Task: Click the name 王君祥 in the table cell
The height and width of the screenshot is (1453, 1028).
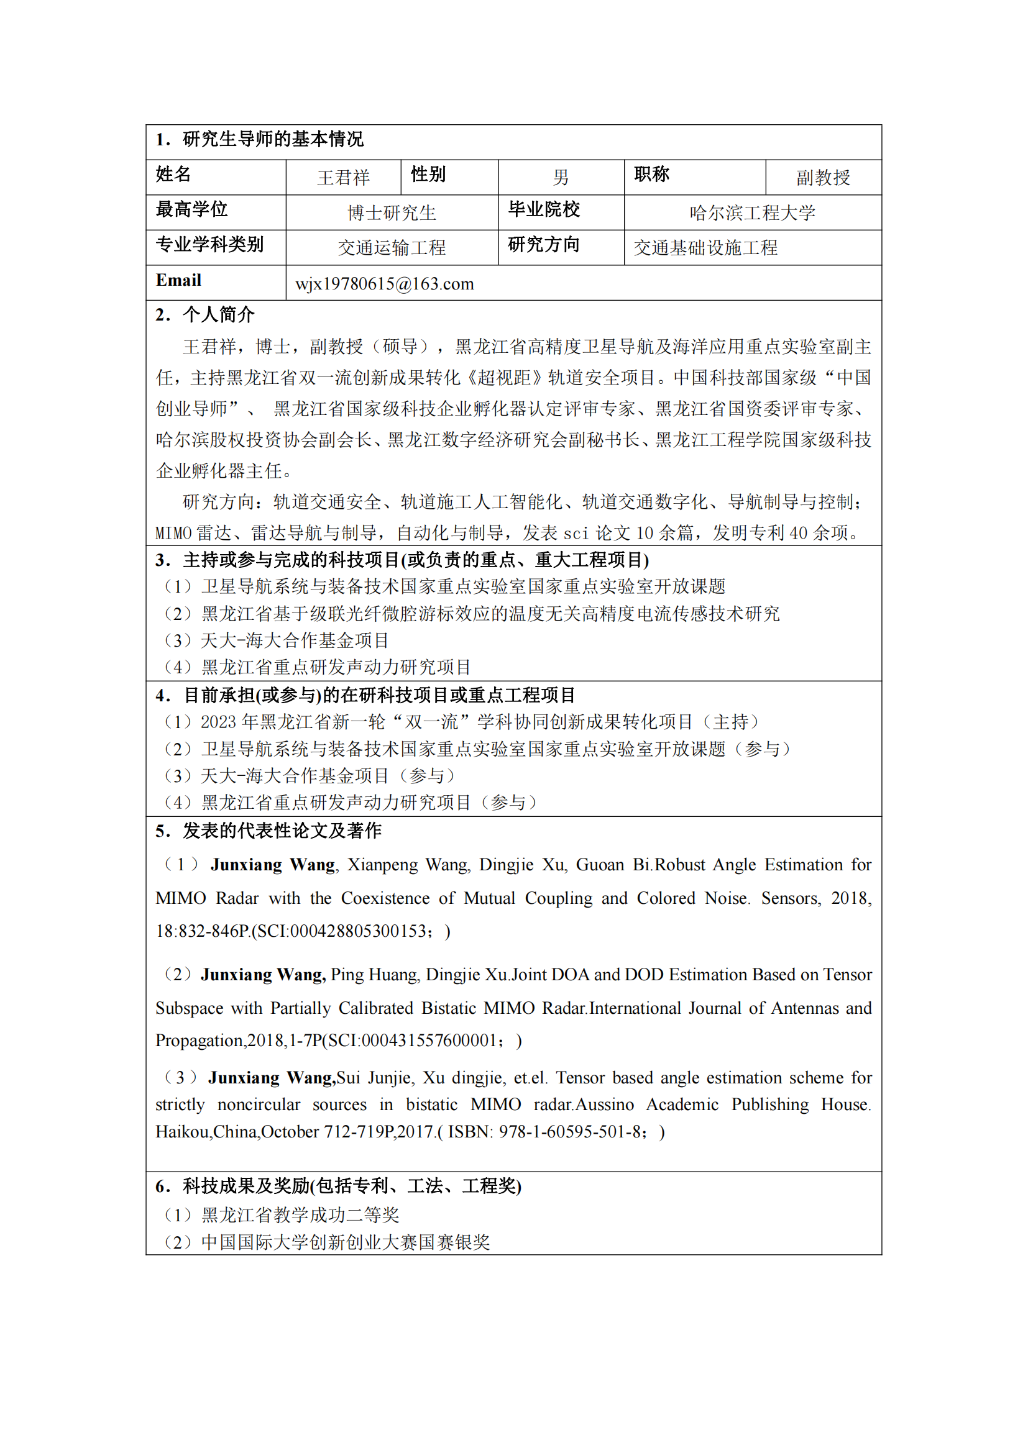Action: pyautogui.click(x=343, y=178)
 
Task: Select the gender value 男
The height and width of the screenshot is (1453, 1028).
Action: pyautogui.click(x=561, y=178)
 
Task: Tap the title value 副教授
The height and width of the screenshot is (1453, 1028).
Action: pyautogui.click(x=823, y=178)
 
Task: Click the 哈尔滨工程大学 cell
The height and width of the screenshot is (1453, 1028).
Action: pyautogui.click(x=752, y=212)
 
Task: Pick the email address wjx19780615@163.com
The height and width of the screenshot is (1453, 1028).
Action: pyautogui.click(x=384, y=284)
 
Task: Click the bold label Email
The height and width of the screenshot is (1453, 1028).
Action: pyautogui.click(x=178, y=280)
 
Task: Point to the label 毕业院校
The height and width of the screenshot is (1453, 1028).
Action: pyautogui.click(x=544, y=209)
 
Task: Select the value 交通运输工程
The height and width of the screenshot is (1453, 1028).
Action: pyautogui.click(x=392, y=248)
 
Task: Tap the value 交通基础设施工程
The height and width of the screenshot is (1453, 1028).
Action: pyautogui.click(x=705, y=248)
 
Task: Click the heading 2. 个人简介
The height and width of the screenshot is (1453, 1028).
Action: pyautogui.click(x=205, y=314)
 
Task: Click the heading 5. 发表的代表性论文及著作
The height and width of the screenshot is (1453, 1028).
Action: pyautogui.click(x=268, y=831)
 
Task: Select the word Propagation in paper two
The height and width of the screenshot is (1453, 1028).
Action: pyautogui.click(x=200, y=1041)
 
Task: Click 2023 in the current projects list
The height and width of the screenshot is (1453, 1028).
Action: pyautogui.click(x=218, y=722)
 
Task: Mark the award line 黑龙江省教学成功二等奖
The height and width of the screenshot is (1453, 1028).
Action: pyautogui.click(x=300, y=1215)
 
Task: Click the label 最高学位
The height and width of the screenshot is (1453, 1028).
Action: pyautogui.click(x=191, y=209)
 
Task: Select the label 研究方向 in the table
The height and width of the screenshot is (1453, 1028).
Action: pyautogui.click(x=544, y=245)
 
